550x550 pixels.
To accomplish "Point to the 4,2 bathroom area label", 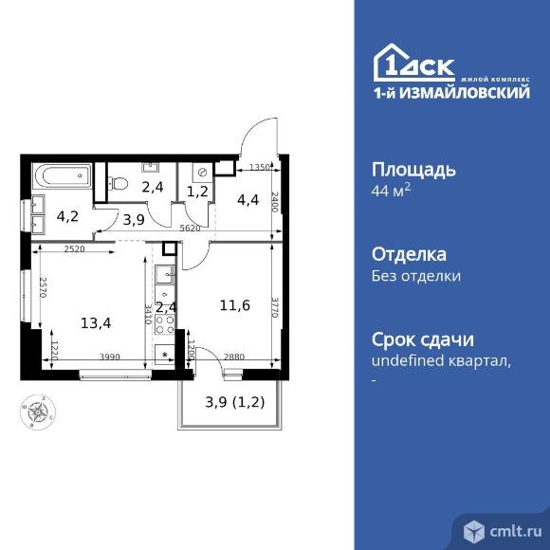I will [x=68, y=214].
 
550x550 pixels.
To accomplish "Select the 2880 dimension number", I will [x=234, y=356].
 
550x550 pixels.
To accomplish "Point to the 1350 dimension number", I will [x=259, y=168].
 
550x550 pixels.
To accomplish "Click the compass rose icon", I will [x=37, y=412].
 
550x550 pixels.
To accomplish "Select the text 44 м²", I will [x=390, y=192].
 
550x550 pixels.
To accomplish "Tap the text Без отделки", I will [x=415, y=277].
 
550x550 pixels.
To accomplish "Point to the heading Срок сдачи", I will [x=422, y=340].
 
